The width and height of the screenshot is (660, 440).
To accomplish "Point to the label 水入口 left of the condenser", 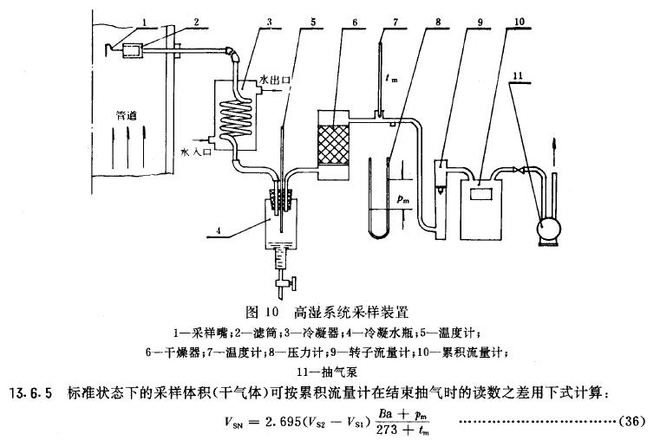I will pyautogui.click(x=193, y=150).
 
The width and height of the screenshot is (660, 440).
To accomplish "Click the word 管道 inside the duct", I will pyautogui.click(x=129, y=113).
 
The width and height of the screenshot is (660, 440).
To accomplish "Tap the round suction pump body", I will pyautogui.click(x=548, y=230).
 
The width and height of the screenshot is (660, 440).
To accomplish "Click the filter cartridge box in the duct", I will pyautogui.click(x=134, y=51).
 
